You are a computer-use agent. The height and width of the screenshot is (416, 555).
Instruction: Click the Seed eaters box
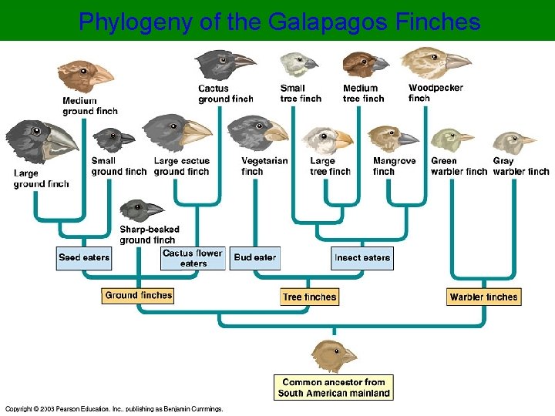(x=84, y=257)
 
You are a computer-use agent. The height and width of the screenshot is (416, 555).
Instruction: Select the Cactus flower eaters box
(x=193, y=258)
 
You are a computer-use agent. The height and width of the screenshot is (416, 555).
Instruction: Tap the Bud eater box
(x=255, y=257)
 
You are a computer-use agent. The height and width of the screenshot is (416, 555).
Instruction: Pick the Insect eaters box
(x=362, y=258)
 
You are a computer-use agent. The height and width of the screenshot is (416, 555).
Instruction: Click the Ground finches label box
(x=138, y=296)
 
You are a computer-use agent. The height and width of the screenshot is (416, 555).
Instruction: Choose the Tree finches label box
(x=309, y=297)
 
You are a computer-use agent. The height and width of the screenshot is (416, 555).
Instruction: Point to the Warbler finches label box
(x=484, y=297)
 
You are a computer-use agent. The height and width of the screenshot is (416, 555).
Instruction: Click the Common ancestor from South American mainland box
(x=334, y=387)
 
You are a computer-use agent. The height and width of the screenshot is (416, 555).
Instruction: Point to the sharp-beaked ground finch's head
(x=140, y=210)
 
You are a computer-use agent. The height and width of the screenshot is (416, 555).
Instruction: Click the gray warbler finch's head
(x=512, y=143)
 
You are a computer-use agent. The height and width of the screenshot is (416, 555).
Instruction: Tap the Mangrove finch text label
(x=394, y=166)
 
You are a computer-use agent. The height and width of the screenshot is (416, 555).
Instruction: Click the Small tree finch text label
(x=301, y=93)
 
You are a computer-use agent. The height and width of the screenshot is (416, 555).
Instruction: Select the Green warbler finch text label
(x=459, y=166)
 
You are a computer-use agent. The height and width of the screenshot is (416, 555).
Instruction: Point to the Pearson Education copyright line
(x=114, y=408)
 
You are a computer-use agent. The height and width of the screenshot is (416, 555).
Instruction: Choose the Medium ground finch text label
(x=90, y=106)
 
